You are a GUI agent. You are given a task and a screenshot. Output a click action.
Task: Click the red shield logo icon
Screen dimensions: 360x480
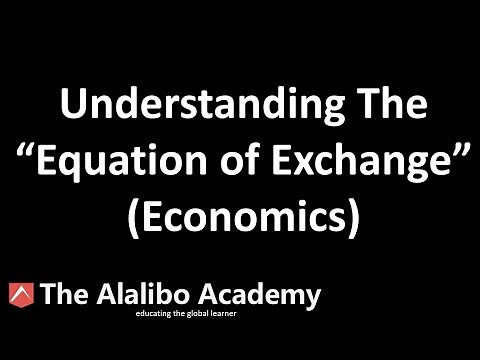[19, 296]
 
